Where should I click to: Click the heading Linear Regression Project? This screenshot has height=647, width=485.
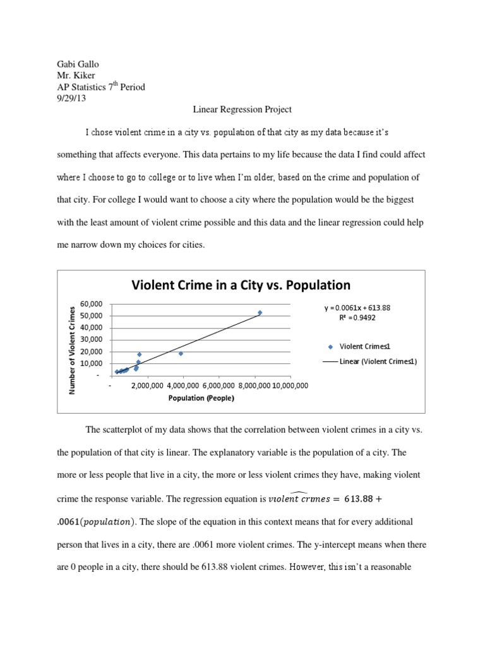tap(242, 109)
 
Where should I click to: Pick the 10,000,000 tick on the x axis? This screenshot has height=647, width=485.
tap(290, 385)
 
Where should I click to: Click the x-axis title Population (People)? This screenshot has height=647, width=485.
tap(201, 398)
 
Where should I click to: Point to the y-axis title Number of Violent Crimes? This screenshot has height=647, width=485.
tap(73, 350)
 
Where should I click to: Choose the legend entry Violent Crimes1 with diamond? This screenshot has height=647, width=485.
tap(365, 346)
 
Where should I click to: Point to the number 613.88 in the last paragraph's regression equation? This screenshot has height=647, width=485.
tap(359, 499)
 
